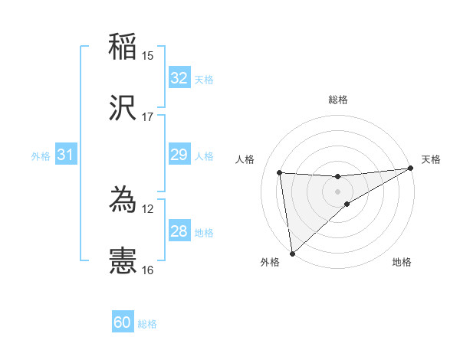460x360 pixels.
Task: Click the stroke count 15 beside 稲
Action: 148,56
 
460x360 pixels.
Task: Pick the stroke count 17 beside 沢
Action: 148,117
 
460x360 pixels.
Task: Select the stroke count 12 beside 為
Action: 148,209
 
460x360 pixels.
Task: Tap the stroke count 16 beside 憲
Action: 148,270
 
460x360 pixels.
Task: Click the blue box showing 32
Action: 179,78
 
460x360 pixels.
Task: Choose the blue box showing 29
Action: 179,155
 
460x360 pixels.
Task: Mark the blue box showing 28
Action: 179,231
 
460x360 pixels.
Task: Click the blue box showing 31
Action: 65,155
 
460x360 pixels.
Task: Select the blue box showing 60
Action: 123,322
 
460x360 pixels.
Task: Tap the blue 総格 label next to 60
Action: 147,324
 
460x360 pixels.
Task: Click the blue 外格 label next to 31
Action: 41,156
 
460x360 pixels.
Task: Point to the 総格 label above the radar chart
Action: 338,100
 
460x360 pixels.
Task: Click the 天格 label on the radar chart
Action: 432,159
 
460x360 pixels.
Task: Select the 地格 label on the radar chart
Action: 402,263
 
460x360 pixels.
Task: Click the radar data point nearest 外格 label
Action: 292,253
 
